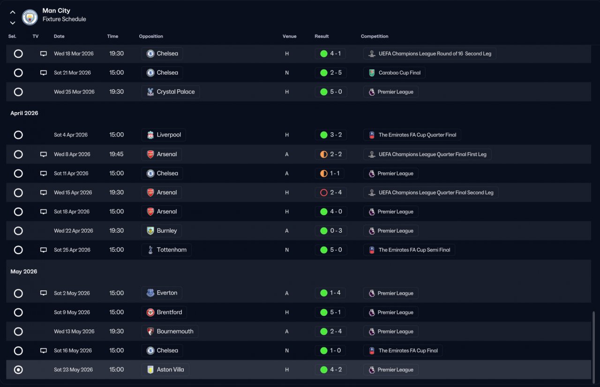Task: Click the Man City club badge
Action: [x=30, y=17]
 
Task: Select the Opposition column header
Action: [x=151, y=36]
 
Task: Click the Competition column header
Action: [x=375, y=36]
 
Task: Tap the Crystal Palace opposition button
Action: [x=171, y=92]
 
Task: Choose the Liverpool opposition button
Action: [x=164, y=135]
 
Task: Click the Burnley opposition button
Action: [x=162, y=231]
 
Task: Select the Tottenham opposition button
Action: [x=166, y=250]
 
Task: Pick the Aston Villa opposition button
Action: [x=165, y=370]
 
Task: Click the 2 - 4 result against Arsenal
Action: [x=331, y=193]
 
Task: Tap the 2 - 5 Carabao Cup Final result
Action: [x=331, y=73]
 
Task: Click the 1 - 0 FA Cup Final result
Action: [x=331, y=350]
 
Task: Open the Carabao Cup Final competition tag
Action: [x=394, y=73]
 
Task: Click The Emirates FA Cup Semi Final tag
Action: [x=409, y=250]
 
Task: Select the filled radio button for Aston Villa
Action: [x=18, y=370]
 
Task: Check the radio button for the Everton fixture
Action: [x=18, y=293]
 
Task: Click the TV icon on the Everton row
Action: [x=44, y=293]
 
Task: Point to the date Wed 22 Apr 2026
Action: [x=73, y=231]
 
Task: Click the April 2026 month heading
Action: [x=24, y=113]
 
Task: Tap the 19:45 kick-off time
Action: [x=116, y=154]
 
